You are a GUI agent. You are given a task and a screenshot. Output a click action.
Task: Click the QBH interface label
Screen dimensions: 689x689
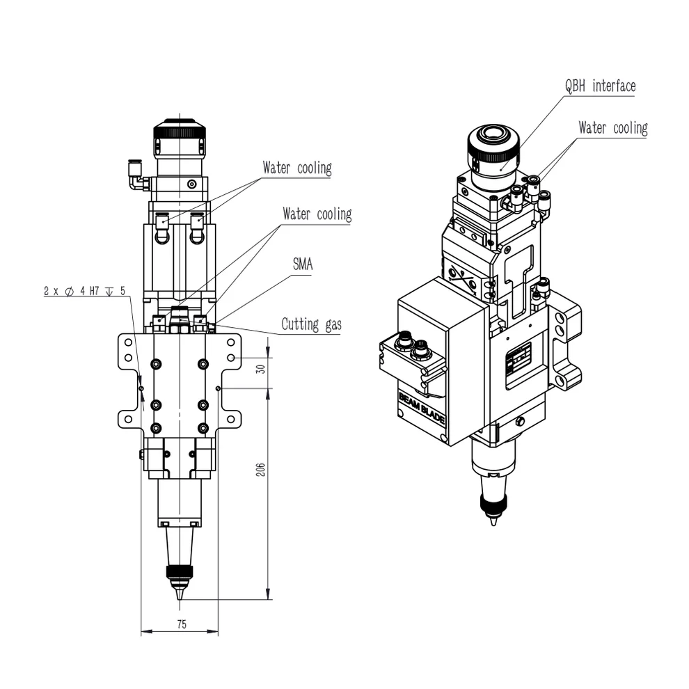pyautogui.click(x=599, y=86)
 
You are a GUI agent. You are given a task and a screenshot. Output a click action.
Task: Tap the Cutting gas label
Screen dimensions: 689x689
pyautogui.click(x=311, y=324)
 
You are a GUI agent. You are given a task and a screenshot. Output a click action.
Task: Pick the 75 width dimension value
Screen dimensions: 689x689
pyautogui.click(x=180, y=624)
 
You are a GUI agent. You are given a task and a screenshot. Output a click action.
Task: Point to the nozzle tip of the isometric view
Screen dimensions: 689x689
pyautogui.click(x=493, y=521)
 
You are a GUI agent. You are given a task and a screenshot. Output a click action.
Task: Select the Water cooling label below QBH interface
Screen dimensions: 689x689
pyautogui.click(x=612, y=128)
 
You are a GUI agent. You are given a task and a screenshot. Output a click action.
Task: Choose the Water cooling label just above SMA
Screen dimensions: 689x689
pyautogui.click(x=317, y=214)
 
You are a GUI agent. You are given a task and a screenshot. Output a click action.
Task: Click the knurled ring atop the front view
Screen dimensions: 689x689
pyautogui.click(x=180, y=129)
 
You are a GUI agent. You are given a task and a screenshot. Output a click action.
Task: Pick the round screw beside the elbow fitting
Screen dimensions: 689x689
pyautogui.click(x=192, y=184)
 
